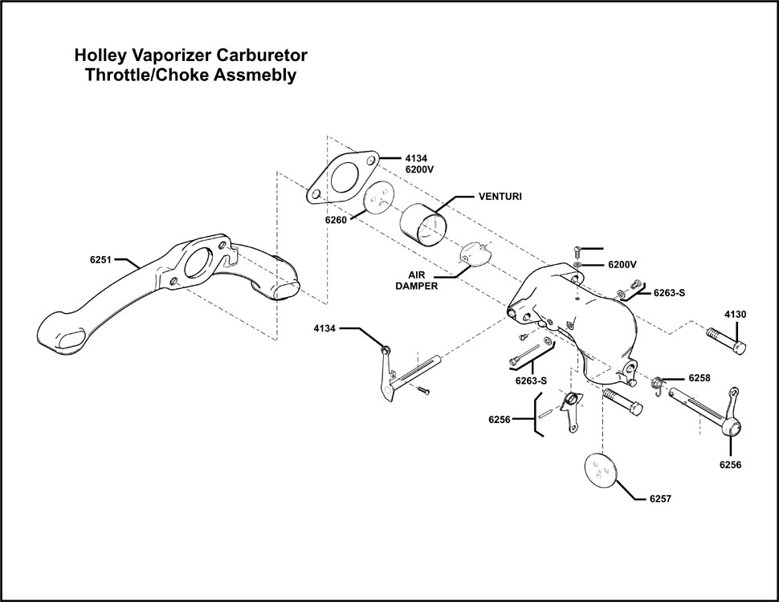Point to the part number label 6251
[102, 259]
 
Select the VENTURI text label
[500, 197]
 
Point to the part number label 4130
[735, 314]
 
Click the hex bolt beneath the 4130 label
[728, 341]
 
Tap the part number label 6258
[699, 376]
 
